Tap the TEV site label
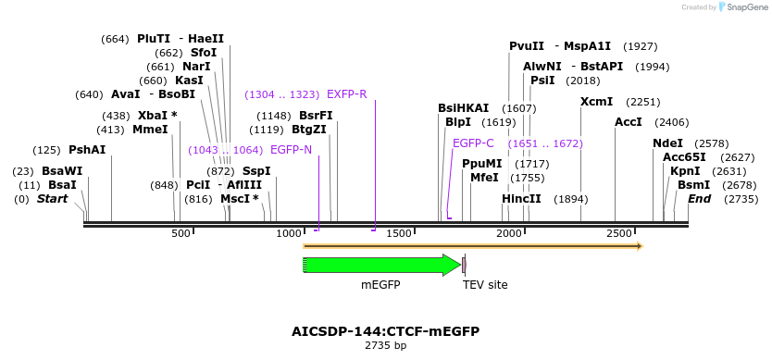[x=485, y=285]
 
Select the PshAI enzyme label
[x=87, y=150]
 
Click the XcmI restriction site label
[x=596, y=102]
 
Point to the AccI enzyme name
[x=628, y=122]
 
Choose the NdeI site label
[x=667, y=143]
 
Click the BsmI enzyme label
[x=693, y=185]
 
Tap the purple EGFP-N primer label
[x=291, y=150]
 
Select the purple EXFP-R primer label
[x=347, y=94]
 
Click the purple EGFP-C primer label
[x=473, y=143]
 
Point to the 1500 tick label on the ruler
[x=399, y=234]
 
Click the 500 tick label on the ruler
[x=181, y=234]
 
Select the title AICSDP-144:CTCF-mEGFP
[x=385, y=331]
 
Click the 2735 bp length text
[x=385, y=346]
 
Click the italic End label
[x=700, y=199]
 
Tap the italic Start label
[x=52, y=199]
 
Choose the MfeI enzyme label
[x=484, y=178]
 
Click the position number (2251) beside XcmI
[x=643, y=102]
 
